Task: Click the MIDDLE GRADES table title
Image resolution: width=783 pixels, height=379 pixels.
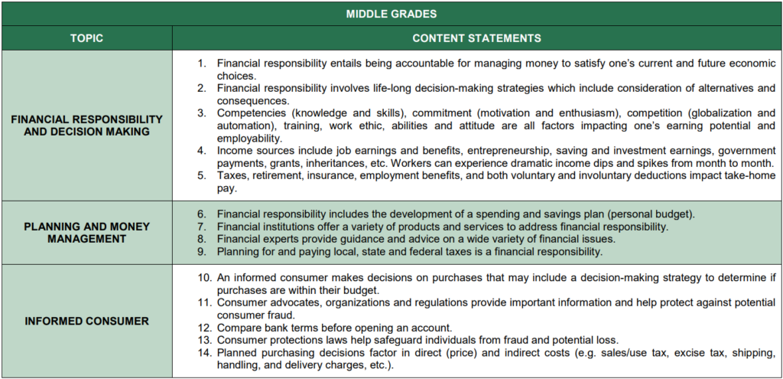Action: [x=391, y=14]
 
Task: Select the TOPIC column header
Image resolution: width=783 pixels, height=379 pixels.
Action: [x=87, y=38]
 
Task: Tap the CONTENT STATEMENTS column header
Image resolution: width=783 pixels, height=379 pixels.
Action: [x=477, y=38]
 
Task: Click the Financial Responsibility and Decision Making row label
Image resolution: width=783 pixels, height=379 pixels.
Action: [x=87, y=126]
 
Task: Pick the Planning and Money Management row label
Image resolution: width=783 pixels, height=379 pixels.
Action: [x=87, y=233]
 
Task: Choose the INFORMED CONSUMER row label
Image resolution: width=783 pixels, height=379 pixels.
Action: [x=87, y=321]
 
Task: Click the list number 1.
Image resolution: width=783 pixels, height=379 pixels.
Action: [x=202, y=64]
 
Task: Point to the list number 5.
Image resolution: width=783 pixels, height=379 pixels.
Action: [x=202, y=175]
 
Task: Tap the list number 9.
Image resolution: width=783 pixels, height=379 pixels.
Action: [x=202, y=251]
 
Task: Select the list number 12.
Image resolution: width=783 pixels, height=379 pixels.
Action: [x=204, y=328]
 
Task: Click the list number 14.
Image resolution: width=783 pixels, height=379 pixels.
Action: [x=204, y=353]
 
